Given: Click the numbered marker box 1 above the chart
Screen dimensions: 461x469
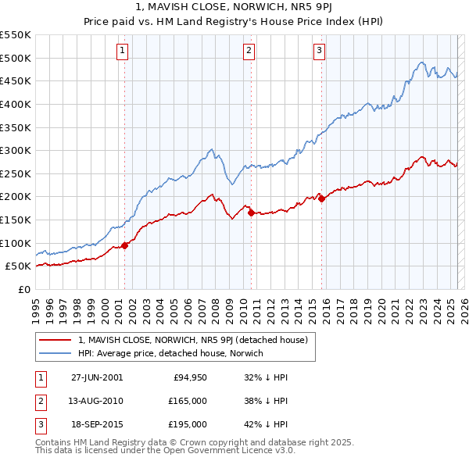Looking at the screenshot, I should (124, 52).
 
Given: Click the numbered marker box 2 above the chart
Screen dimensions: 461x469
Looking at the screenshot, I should (249, 52).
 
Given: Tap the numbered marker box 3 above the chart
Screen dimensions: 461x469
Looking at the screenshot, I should (320, 52).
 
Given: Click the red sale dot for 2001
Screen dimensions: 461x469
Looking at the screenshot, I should (125, 245).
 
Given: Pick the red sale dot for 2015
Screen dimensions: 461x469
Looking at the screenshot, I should (321, 198).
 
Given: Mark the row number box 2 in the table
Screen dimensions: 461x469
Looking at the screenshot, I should (40, 401).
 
